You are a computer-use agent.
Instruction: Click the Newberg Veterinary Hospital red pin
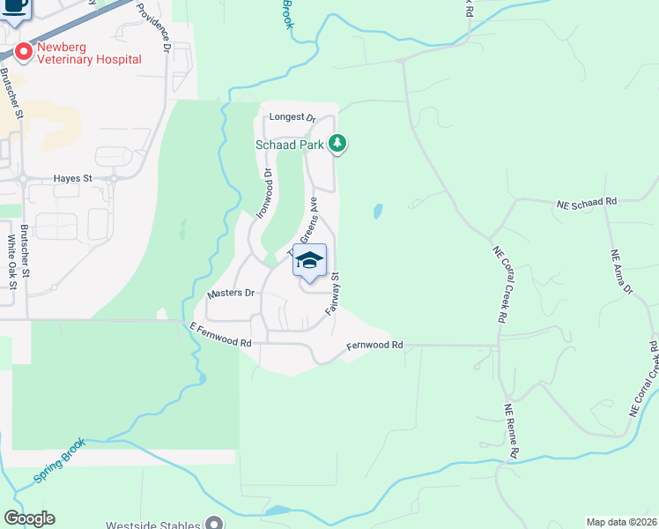(x=22, y=51)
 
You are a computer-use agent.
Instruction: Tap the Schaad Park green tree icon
(x=337, y=143)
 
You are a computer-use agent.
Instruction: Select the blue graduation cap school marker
(x=309, y=260)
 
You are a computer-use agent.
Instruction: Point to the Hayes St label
(x=72, y=178)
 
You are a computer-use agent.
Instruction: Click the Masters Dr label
(x=230, y=293)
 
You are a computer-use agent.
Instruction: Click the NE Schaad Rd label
(x=587, y=202)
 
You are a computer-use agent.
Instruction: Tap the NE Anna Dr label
(x=622, y=272)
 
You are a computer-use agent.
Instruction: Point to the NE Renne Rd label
(x=512, y=431)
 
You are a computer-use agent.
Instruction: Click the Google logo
(x=29, y=518)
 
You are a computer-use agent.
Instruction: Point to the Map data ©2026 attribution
(x=621, y=522)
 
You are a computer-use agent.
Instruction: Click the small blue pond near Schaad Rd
(x=378, y=212)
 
